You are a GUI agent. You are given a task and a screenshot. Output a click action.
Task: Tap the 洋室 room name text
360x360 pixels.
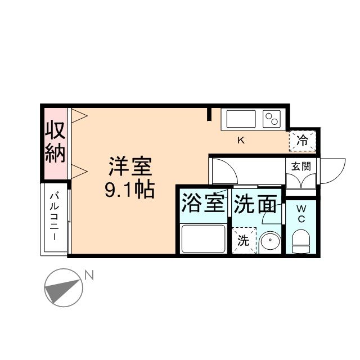(130, 167)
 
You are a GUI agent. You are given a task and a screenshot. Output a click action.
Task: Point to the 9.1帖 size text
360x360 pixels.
(130, 190)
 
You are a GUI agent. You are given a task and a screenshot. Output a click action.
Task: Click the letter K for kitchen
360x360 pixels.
(241, 141)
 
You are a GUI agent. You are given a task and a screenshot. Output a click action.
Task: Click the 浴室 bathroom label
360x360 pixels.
(202, 204)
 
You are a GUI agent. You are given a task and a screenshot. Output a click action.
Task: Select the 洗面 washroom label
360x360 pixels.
(256, 204)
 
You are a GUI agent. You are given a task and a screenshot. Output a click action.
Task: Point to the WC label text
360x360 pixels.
(301, 213)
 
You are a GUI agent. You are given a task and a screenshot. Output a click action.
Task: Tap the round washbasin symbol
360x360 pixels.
(269, 241)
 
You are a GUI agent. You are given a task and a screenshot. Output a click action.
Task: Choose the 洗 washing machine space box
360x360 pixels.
(243, 240)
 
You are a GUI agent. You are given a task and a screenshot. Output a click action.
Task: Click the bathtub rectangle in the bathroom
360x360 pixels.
(202, 238)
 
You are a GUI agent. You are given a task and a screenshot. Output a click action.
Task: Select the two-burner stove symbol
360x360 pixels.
(272, 119)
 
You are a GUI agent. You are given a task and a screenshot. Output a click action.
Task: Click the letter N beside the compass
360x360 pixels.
(89, 275)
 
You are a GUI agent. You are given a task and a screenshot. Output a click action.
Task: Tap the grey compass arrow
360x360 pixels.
(62, 290)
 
